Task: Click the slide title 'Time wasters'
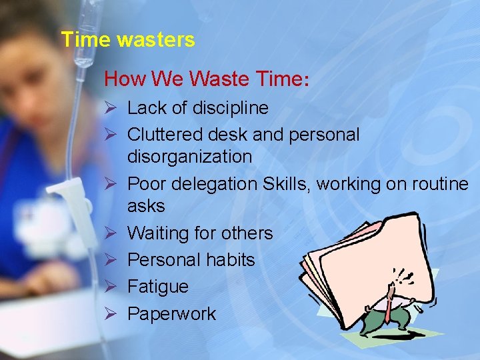127,40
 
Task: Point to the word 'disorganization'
189,157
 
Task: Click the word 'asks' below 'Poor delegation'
145,206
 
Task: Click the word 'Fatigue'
157,287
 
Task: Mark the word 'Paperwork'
171,314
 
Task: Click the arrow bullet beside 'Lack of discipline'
111,108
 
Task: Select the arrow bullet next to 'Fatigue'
111,287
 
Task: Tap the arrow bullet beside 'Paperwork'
111,314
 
